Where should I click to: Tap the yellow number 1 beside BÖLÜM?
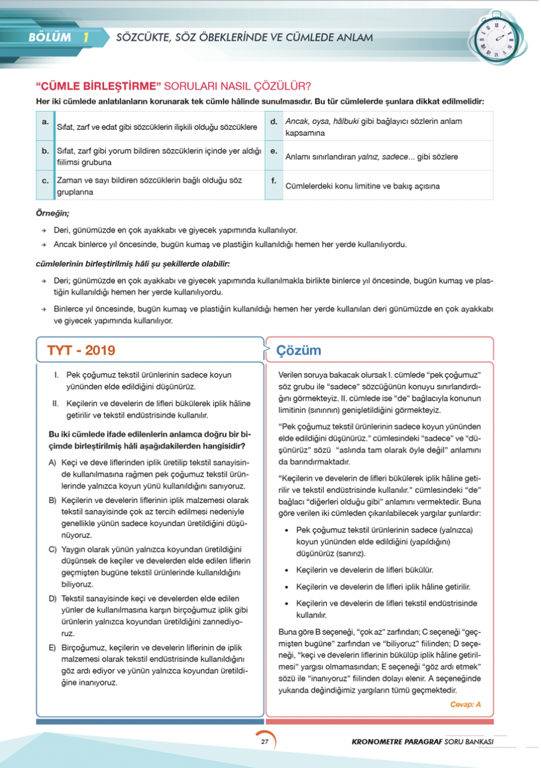pyautogui.click(x=87, y=38)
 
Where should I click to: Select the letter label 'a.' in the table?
pyautogui.click(x=45, y=121)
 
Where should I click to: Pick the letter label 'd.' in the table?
pyautogui.click(x=273, y=121)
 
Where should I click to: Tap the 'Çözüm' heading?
pyautogui.click(x=299, y=351)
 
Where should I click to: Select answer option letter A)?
pyautogui.click(x=52, y=464)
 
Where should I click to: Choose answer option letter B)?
pyautogui.click(x=52, y=499)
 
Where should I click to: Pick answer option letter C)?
pyautogui.click(x=52, y=549)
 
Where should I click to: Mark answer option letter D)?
pyautogui.click(x=52, y=599)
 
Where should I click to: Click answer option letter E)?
pyautogui.click(x=52, y=648)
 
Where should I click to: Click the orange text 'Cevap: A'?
pyautogui.click(x=466, y=704)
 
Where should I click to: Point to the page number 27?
pyautogui.click(x=264, y=742)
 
